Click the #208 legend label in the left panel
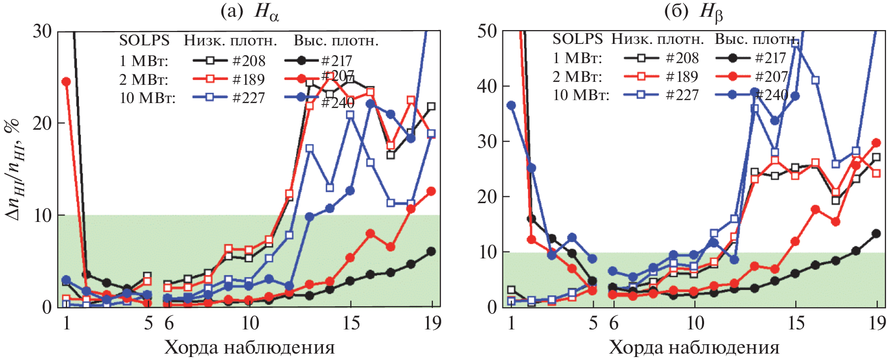248,61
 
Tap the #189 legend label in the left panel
248,79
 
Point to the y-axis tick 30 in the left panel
42,31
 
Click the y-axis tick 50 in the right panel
487,31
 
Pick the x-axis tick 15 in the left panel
351,323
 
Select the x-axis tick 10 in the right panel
695,323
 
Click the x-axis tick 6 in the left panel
169,323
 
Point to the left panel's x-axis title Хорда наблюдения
249,348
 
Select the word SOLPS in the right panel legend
577,38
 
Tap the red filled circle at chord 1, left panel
66,82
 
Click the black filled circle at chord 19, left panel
431,252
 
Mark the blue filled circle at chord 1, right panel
511,106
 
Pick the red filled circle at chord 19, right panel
876,143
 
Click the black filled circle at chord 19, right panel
876,234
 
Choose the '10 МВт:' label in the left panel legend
147,98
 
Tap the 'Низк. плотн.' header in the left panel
230,40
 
